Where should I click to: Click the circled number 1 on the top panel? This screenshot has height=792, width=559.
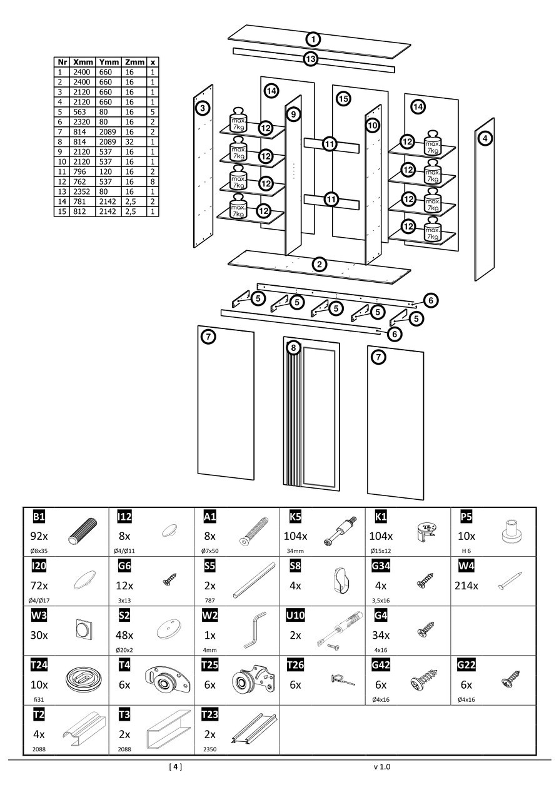(x=313, y=39)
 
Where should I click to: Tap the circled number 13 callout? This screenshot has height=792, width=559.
(x=311, y=59)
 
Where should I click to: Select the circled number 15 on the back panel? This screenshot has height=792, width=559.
(x=342, y=98)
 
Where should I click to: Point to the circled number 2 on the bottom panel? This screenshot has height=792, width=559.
(x=320, y=264)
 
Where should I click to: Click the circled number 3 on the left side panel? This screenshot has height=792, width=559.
(x=202, y=109)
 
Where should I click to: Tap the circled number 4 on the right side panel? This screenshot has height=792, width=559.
(x=486, y=138)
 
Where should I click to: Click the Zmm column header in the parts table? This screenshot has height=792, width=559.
(x=134, y=62)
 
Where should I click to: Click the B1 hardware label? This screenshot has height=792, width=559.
(x=38, y=516)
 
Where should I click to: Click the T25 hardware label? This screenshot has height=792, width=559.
(x=210, y=665)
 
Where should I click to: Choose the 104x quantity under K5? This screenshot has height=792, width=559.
(x=295, y=536)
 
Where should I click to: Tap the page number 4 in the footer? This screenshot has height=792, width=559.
(x=176, y=766)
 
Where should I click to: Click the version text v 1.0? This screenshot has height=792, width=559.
(x=381, y=766)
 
